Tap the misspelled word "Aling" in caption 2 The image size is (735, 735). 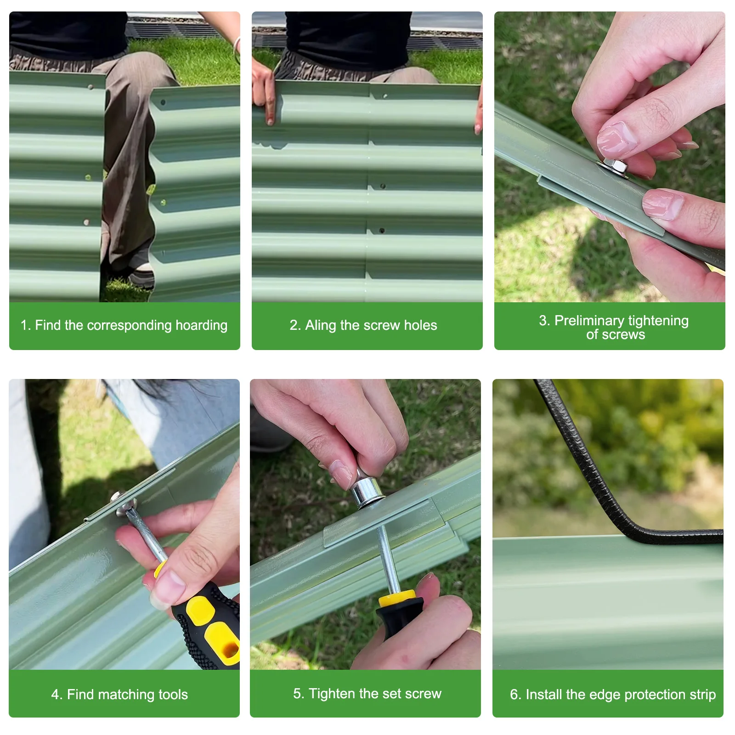click(x=320, y=326)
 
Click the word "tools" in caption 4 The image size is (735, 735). click(x=173, y=694)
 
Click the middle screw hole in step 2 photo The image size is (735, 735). click(x=382, y=186)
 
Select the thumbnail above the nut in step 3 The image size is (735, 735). click(x=616, y=140)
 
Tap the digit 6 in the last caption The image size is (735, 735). click(x=514, y=694)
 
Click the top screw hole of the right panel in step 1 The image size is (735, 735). click(x=163, y=102)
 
